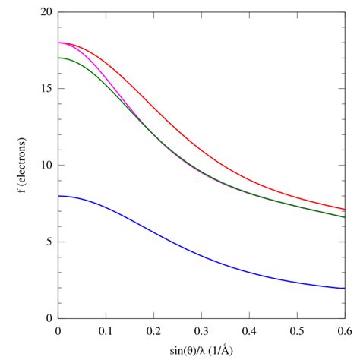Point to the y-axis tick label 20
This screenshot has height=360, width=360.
pos(46,13)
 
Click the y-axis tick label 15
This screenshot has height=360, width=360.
pos(46,89)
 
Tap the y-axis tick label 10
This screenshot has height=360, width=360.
pos(46,166)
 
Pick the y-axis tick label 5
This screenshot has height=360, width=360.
pos(49,242)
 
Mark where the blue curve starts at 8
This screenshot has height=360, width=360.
pos(58,196)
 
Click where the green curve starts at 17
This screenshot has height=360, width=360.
pos(58,58)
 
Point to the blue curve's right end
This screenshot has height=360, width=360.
pos(345,289)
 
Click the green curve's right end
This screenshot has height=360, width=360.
pos(345,217)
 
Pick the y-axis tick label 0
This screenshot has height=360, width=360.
pos(49,319)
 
